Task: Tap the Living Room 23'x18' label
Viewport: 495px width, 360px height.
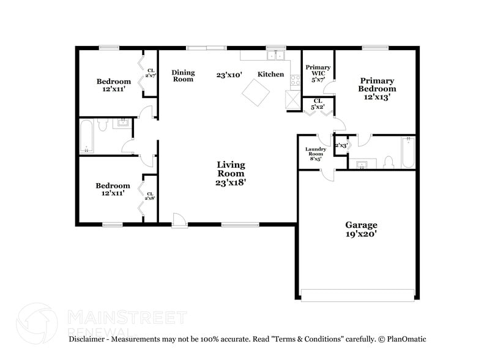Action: click(231, 173)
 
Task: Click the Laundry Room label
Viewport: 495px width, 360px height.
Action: click(316, 154)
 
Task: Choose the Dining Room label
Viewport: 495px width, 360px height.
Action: click(183, 75)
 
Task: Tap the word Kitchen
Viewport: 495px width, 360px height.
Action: click(270, 74)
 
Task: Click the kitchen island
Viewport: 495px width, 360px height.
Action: click(255, 93)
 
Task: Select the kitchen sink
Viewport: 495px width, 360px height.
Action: click(278, 55)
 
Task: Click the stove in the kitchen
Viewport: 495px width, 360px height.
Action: click(294, 80)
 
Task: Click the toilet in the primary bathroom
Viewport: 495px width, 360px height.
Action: click(387, 162)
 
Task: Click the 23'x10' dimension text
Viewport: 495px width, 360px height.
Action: click(229, 75)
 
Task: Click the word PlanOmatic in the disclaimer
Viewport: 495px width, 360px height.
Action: click(403, 339)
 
